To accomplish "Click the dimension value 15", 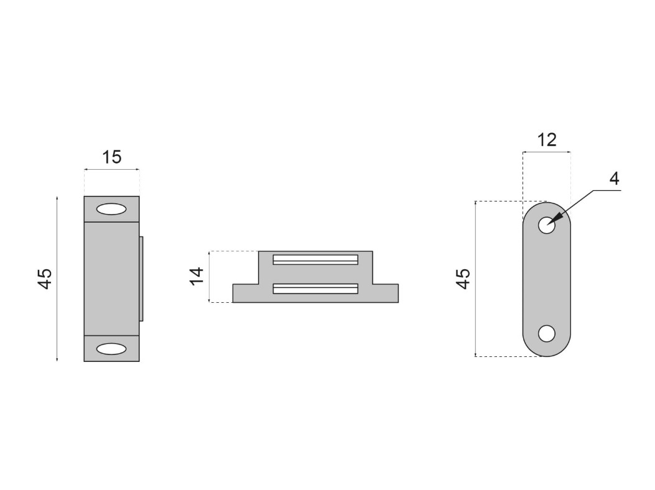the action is tap(112, 157).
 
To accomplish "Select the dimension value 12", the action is tap(547, 140).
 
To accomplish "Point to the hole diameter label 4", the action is tap(614, 179).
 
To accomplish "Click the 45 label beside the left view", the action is tap(45, 278).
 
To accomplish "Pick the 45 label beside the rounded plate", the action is tap(463, 279).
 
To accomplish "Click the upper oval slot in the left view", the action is tap(111, 210).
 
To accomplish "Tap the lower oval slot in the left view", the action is tap(111, 349).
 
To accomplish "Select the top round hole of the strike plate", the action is tap(546, 226).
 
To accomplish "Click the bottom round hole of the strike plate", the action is tap(546, 333).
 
